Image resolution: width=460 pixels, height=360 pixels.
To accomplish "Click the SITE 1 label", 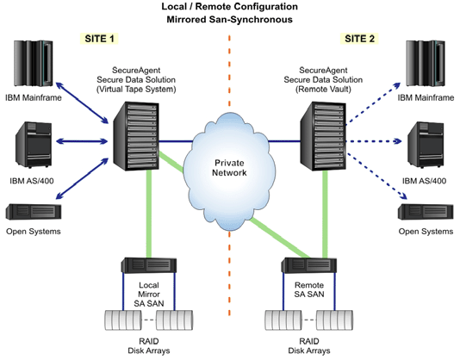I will (101, 39).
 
